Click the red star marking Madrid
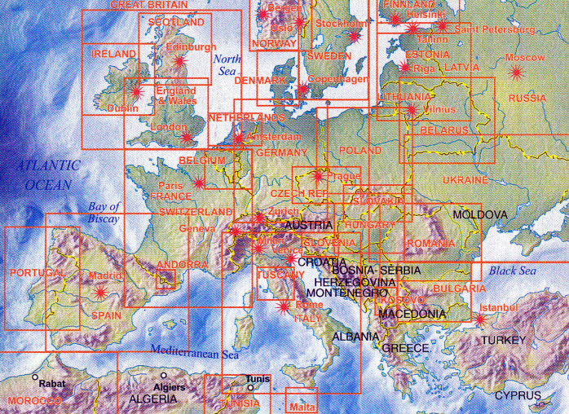(100, 291)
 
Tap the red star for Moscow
(515, 73)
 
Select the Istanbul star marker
(480, 319)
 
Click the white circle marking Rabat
(35, 378)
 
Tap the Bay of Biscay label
(104, 213)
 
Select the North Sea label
(227, 64)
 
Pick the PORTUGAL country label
(37, 271)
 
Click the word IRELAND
(113, 54)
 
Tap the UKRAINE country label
(465, 179)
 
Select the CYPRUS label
(517, 396)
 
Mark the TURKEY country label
(505, 340)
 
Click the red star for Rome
(283, 307)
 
